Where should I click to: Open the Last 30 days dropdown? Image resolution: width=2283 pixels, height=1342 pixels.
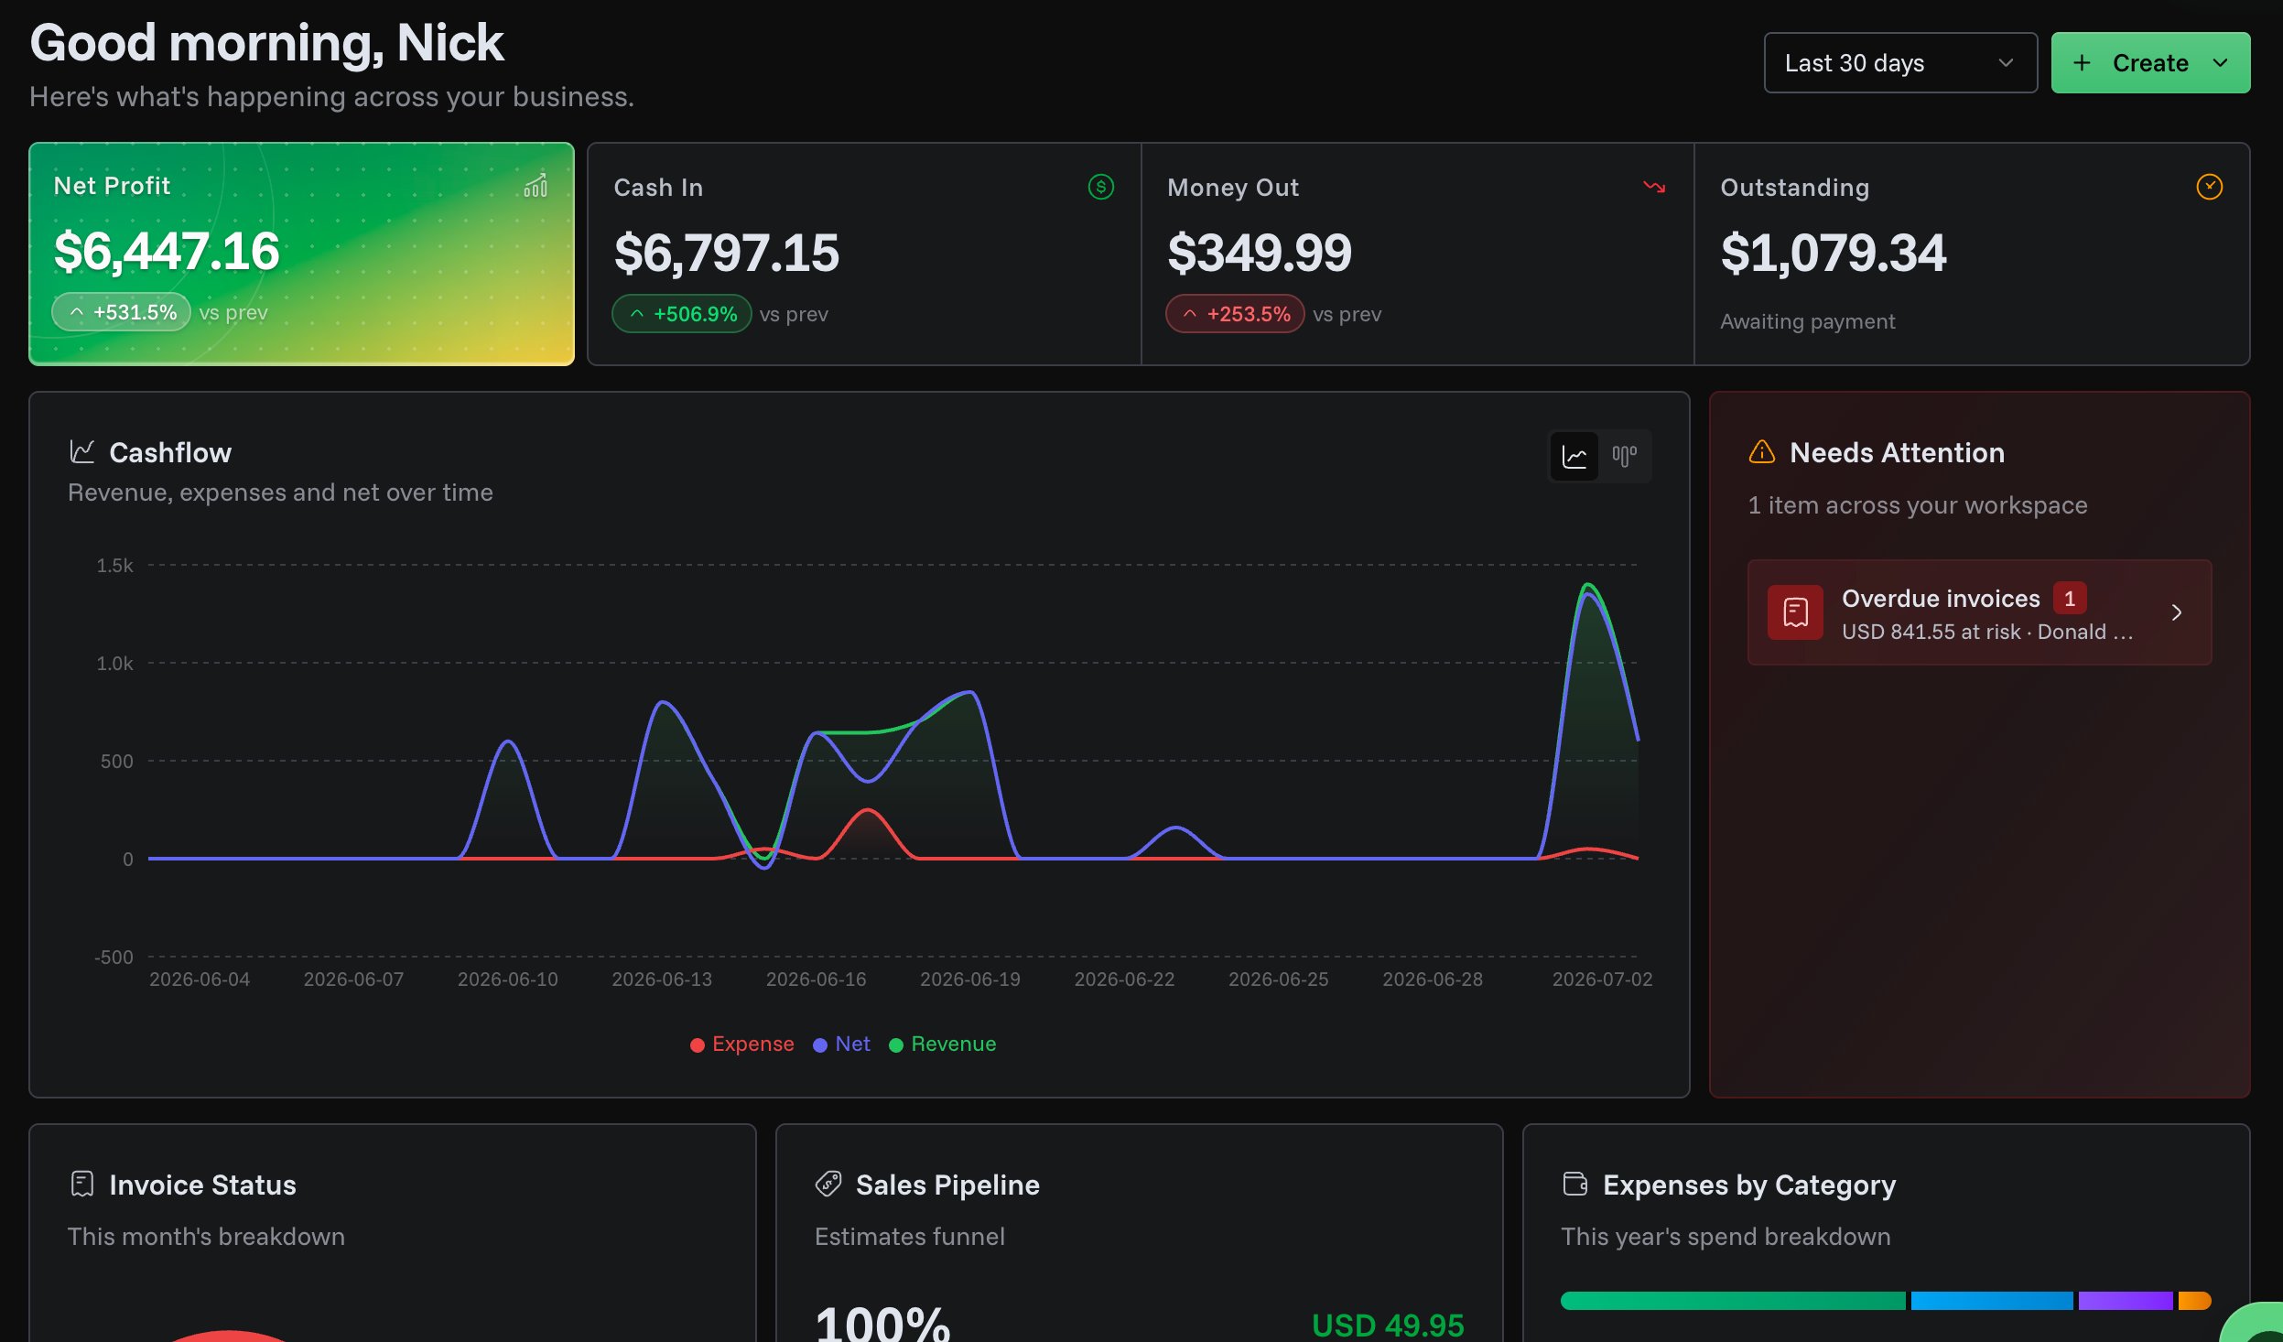coord(1899,63)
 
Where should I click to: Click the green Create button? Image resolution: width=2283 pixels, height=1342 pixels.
coord(2150,63)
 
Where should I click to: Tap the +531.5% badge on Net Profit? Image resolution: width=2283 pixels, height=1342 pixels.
coord(122,312)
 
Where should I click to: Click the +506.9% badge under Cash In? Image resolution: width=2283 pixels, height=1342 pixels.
coord(682,314)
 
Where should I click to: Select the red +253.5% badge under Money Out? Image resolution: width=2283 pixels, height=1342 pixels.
coord(1235,314)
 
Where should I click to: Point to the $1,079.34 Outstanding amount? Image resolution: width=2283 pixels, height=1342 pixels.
coord(1834,253)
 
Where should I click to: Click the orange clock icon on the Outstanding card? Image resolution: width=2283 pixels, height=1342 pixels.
coord(2209,187)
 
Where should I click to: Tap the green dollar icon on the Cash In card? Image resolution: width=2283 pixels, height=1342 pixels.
coord(1100,187)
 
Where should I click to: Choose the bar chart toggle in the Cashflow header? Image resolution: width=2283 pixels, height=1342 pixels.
coord(1625,456)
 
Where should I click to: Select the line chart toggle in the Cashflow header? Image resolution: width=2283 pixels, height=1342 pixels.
coord(1574,456)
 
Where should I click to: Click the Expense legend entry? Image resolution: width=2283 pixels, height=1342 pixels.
coord(742,1044)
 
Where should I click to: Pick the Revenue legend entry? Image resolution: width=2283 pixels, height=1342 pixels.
coord(943,1044)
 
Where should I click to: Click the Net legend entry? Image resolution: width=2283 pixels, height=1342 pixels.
coord(842,1044)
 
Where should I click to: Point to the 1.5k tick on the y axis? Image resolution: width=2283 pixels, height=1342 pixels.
coord(115,566)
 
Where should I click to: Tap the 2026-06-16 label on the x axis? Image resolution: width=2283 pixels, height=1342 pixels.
coord(816,979)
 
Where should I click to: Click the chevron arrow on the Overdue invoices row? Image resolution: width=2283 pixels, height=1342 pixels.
coord(2177,612)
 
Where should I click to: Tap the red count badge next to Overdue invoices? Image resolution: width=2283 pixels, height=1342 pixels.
coord(2069,599)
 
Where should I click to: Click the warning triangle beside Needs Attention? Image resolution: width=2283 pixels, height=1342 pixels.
coord(1762,452)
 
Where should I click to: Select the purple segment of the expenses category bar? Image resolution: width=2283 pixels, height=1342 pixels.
coord(2126,1301)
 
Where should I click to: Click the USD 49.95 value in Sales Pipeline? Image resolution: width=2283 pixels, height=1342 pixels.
coord(1388,1325)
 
